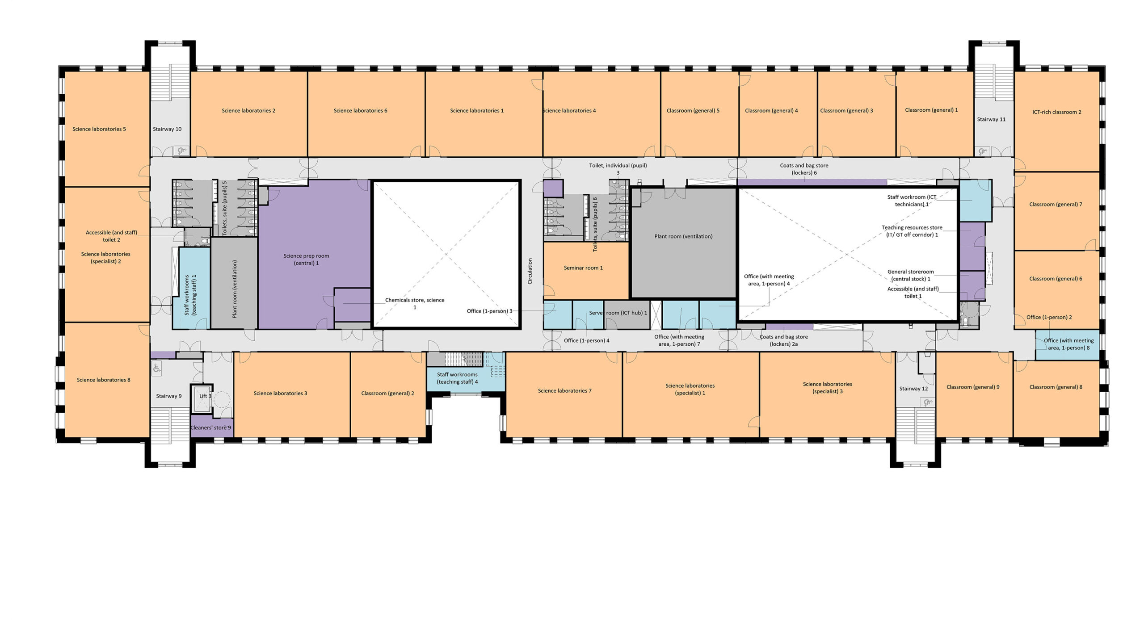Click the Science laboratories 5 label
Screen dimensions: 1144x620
pos(99,129)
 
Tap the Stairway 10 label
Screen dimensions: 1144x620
pos(167,129)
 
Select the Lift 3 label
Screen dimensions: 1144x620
pos(205,396)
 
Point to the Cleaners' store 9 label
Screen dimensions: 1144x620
pos(211,427)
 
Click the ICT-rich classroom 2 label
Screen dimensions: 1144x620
pos(1057,112)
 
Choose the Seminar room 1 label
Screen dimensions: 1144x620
pos(583,268)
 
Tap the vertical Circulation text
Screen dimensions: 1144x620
pos(530,271)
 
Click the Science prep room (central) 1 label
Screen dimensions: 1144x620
pos(306,260)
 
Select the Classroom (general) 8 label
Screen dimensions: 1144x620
pos(1056,387)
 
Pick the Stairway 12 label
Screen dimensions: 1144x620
pos(913,389)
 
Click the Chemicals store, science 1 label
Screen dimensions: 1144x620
pos(415,304)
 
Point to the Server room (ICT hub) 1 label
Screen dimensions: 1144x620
pos(618,313)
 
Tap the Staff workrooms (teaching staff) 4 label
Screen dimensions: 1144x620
pos(457,378)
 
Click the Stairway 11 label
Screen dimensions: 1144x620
pos(991,119)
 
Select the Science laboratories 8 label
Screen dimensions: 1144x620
pos(104,380)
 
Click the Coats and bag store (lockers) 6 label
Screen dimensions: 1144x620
pos(804,169)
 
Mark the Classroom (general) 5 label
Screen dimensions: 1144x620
pos(693,111)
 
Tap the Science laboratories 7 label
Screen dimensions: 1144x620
pos(564,391)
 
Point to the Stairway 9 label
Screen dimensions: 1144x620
pos(169,396)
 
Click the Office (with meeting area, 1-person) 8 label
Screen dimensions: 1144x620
pos(1069,344)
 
